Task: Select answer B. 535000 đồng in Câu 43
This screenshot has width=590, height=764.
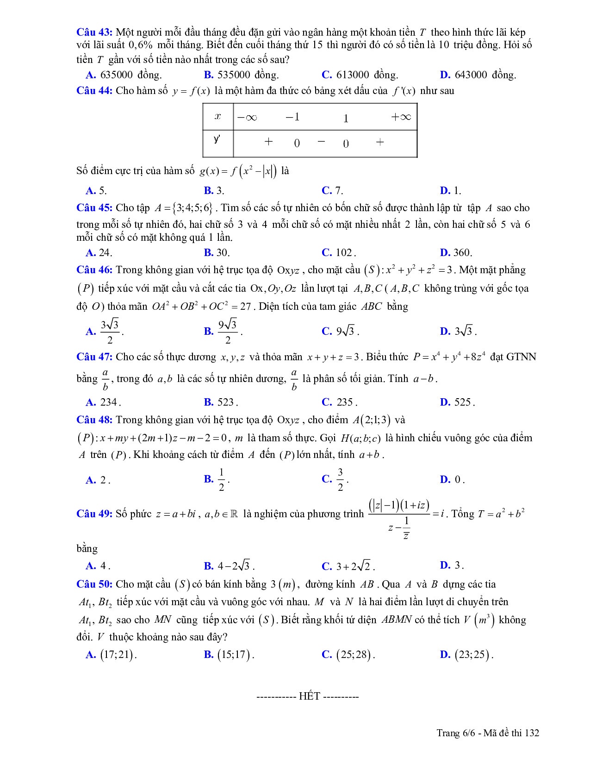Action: pyautogui.click(x=241, y=75)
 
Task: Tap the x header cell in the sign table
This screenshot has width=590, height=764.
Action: pyautogui.click(x=218, y=117)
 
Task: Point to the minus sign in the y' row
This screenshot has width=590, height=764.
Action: pyautogui.click(x=321, y=142)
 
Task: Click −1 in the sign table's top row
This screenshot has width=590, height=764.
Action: pyautogui.click(x=292, y=117)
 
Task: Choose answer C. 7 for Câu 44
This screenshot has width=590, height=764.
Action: pyautogui.click(x=332, y=190)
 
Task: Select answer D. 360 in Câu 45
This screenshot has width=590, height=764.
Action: pyautogui.click(x=456, y=253)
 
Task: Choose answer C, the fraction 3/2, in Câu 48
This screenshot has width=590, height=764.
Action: pyautogui.click(x=335, y=480)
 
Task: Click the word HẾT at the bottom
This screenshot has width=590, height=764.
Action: pyautogui.click(x=309, y=696)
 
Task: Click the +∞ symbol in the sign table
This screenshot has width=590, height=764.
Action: pyautogui.click(x=401, y=117)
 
